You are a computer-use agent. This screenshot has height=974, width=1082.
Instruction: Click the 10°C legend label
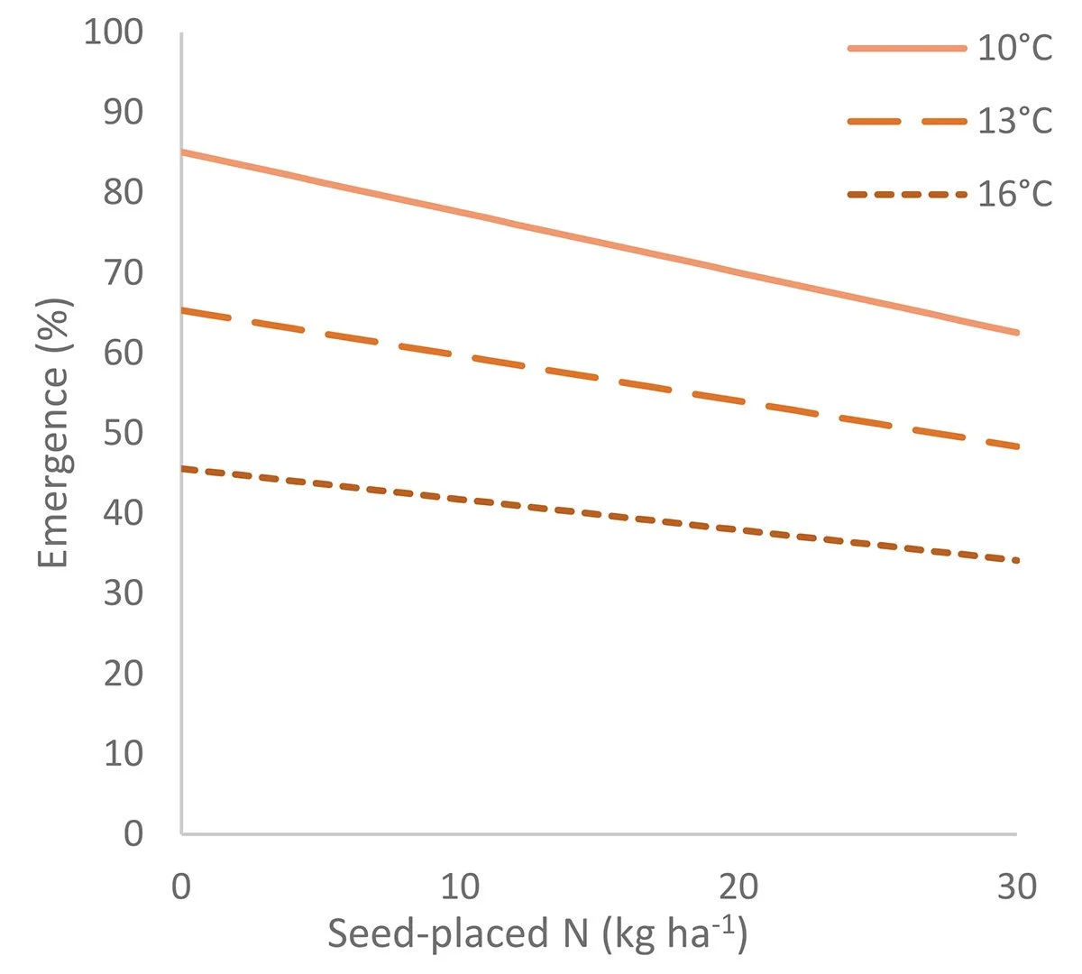point(1015,48)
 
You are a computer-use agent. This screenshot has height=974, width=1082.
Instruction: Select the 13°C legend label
point(1015,121)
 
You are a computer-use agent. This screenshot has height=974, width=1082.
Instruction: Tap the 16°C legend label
point(1015,194)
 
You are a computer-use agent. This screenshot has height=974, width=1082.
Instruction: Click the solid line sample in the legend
point(906,48)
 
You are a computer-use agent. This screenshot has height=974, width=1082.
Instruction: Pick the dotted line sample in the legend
point(906,194)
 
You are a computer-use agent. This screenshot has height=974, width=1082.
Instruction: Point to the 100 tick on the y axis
point(113,32)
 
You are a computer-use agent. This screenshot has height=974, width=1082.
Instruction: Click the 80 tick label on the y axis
point(124,192)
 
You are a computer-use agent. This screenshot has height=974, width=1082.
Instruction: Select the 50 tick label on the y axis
point(124,432)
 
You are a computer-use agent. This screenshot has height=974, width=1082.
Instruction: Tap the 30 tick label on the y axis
point(124,593)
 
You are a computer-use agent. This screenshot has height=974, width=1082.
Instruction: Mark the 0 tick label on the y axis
point(133,832)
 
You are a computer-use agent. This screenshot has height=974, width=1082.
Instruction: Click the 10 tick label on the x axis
point(460,887)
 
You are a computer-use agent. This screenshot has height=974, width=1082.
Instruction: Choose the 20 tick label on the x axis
point(738,887)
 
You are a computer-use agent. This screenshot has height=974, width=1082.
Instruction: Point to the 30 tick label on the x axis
point(1017,887)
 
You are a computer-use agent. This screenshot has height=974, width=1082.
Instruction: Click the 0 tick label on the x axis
point(181,887)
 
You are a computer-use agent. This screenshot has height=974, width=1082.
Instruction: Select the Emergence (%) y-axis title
point(54,432)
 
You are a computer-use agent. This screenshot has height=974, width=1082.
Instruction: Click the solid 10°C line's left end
point(183,152)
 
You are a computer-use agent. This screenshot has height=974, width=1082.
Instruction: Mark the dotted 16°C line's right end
point(1017,560)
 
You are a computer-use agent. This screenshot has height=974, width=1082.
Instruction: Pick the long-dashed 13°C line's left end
point(183,310)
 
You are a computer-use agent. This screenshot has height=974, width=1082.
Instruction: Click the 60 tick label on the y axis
point(124,353)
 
